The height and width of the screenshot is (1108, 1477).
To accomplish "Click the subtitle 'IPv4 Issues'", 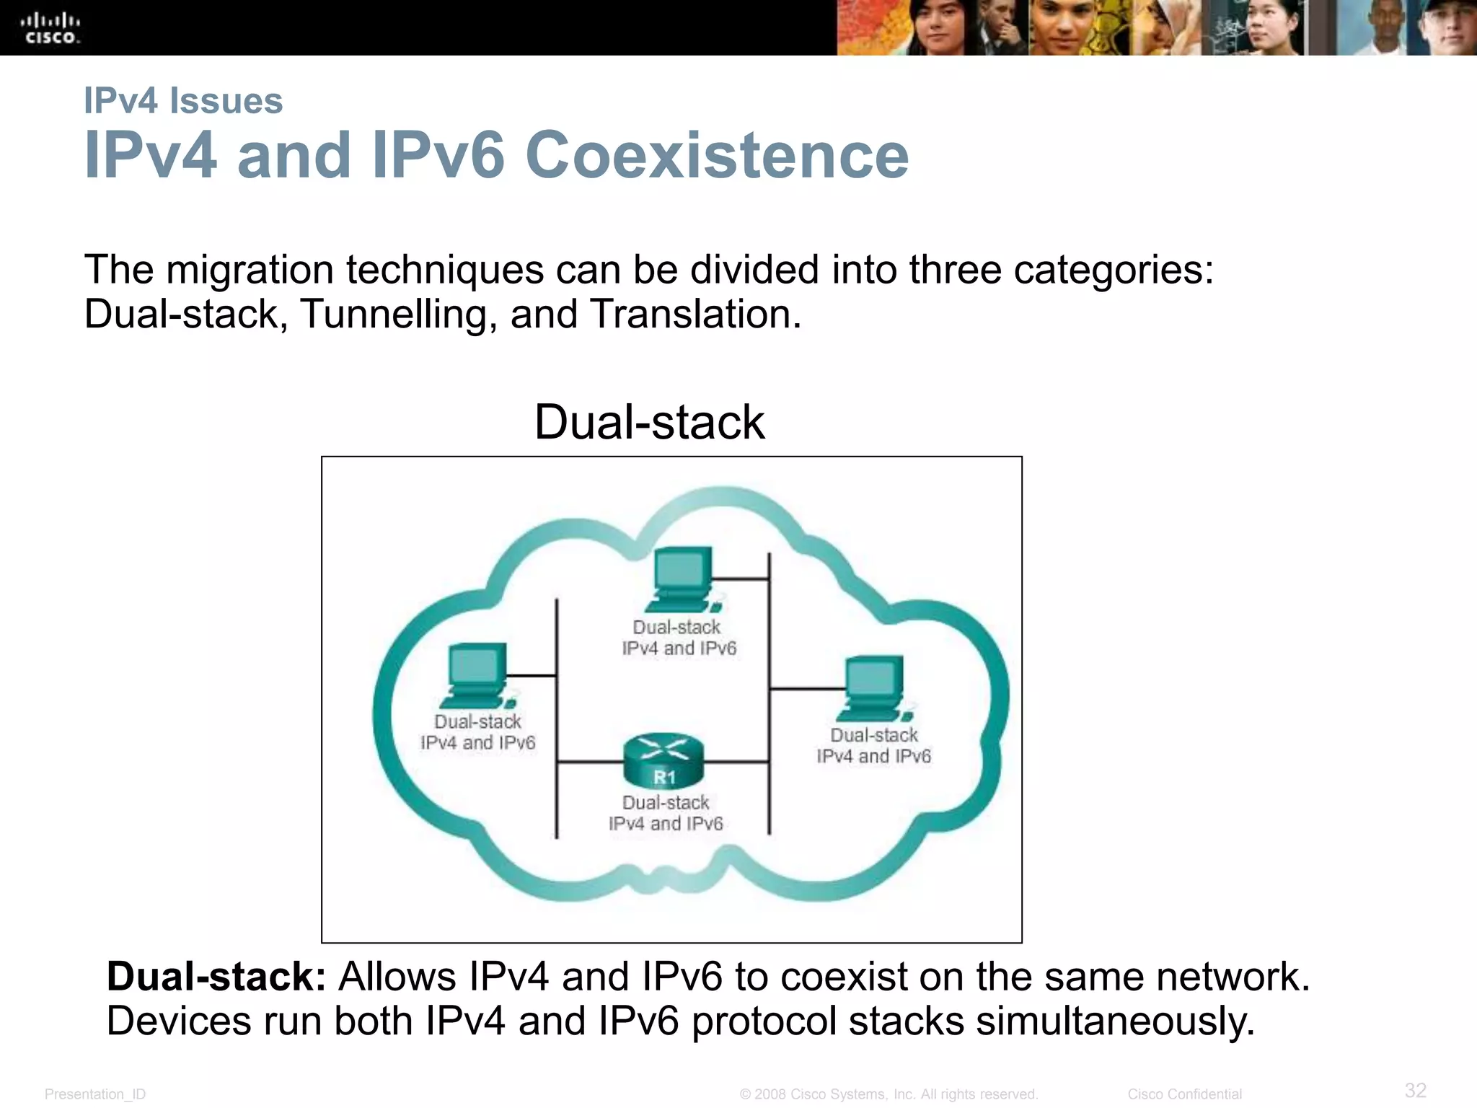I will [183, 100].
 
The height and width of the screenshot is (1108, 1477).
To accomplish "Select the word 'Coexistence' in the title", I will [717, 155].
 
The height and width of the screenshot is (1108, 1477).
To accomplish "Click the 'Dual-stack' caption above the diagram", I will [649, 422].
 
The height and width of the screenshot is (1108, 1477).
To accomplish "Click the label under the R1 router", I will [666, 813].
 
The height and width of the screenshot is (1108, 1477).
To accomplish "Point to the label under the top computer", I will [679, 638].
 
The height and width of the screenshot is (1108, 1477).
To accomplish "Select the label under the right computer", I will [874, 745].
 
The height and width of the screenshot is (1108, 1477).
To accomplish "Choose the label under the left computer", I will [477, 732].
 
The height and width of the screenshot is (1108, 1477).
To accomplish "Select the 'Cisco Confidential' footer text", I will [1184, 1094].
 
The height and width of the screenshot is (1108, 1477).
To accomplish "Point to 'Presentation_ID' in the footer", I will [95, 1094].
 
